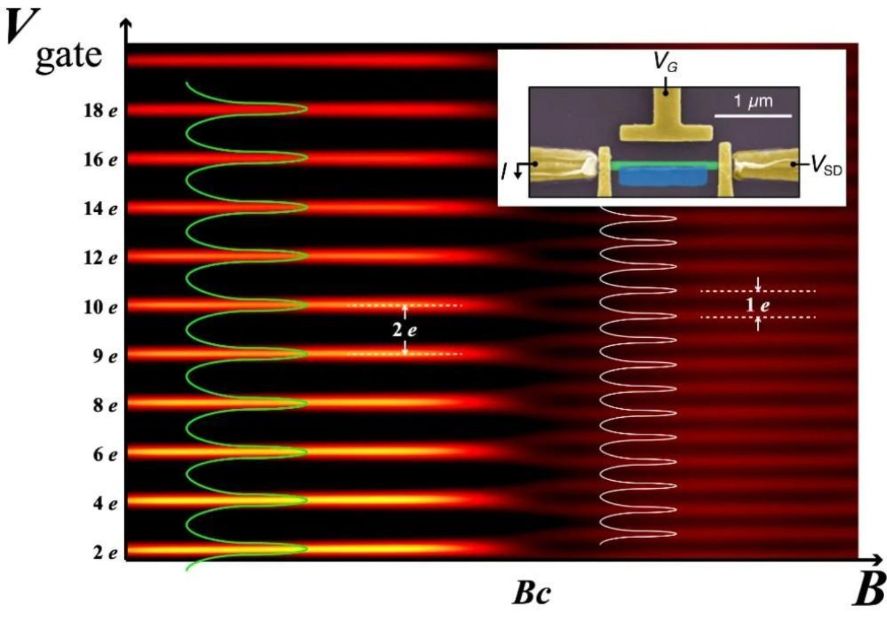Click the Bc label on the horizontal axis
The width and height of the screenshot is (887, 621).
pyautogui.click(x=531, y=593)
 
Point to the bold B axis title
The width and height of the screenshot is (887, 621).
pyautogui.click(x=869, y=590)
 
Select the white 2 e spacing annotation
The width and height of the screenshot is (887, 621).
pyautogui.click(x=404, y=330)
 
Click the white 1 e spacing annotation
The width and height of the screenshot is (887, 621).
pyautogui.click(x=758, y=305)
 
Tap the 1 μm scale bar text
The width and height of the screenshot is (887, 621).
pyautogui.click(x=752, y=102)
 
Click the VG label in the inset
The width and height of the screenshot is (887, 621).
pyautogui.click(x=666, y=62)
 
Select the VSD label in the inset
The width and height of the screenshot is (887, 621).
pyautogui.click(x=826, y=165)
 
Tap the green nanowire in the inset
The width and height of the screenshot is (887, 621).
pyautogui.click(x=663, y=165)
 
